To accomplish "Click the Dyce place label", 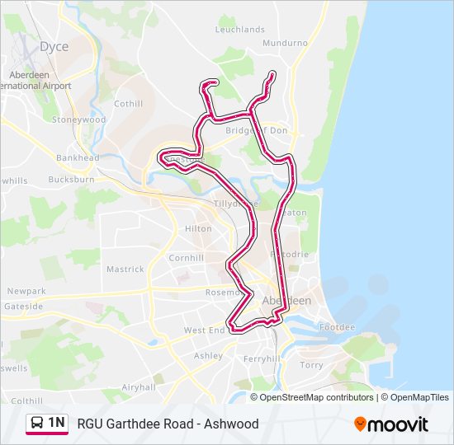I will pyautogui.click(x=54, y=47).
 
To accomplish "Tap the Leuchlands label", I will pyautogui.click(x=239, y=29).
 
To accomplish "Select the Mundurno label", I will pyautogui.click(x=285, y=42).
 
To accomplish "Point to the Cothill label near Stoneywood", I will pyautogui.click(x=128, y=104).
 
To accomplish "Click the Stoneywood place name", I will pyautogui.click(x=79, y=119).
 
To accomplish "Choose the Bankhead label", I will pyautogui.click(x=78, y=157).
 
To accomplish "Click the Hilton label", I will pyautogui.click(x=198, y=228).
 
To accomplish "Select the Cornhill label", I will pyautogui.click(x=186, y=258).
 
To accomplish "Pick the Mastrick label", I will pyautogui.click(x=125, y=269).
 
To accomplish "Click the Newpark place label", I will pyautogui.click(x=26, y=291).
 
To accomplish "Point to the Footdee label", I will pyautogui.click(x=337, y=327).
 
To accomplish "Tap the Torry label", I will pyautogui.click(x=311, y=364).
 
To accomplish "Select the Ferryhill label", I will pyautogui.click(x=262, y=359).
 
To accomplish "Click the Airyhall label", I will pyautogui.click(x=138, y=386).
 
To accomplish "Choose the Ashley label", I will pyautogui.click(x=208, y=356).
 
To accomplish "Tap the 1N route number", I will pyautogui.click(x=57, y=424).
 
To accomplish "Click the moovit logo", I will pyautogui.click(x=391, y=424).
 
